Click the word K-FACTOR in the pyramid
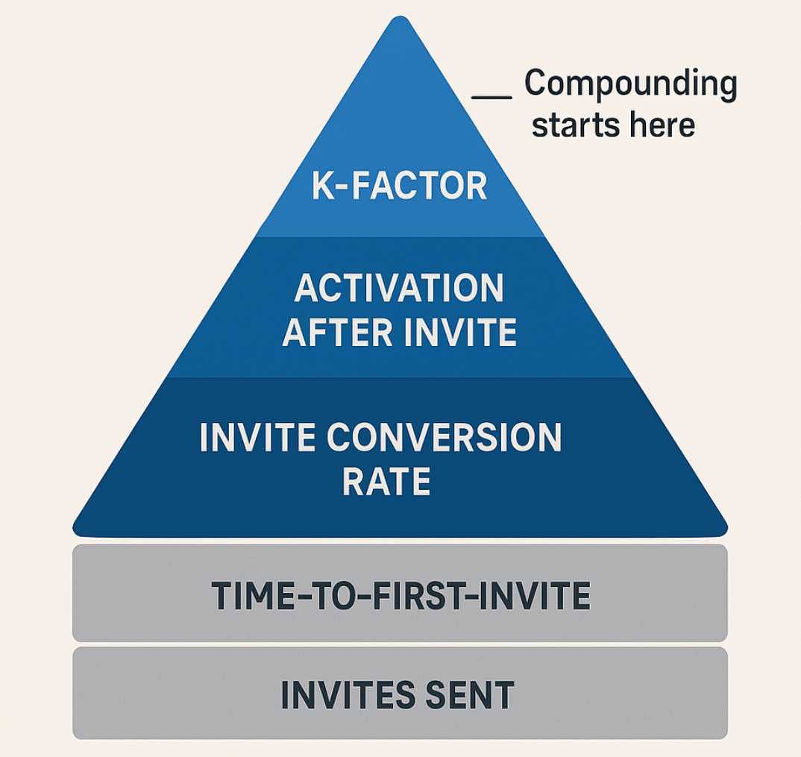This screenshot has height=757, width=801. tap(400, 186)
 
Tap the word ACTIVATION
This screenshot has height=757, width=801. tap(399, 288)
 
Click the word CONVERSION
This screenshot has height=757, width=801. tap(444, 437)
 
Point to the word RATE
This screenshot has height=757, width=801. tap(386, 481)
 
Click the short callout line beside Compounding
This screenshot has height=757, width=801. tap(491, 96)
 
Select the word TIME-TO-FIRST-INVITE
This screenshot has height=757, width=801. tap(400, 596)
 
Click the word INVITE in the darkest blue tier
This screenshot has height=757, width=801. tap(257, 437)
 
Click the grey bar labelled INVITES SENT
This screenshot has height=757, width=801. tap(400, 693)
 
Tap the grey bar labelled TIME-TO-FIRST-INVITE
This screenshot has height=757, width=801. tap(400, 593)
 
